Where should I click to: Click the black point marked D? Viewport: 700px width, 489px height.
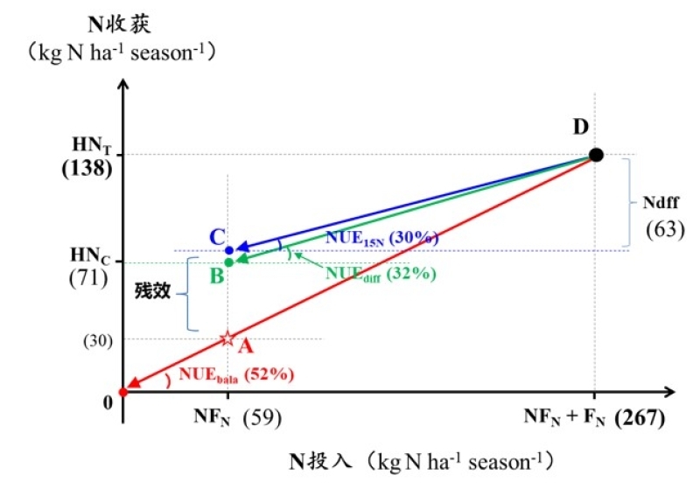tap(596, 155)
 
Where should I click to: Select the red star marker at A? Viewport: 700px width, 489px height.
tap(227, 339)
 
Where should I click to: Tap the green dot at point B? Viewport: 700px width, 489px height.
tap(228, 262)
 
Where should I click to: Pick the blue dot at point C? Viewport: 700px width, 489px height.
tap(228, 250)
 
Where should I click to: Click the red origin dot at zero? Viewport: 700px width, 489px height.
tap(122, 392)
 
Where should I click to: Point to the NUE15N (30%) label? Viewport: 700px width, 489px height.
tap(381, 237)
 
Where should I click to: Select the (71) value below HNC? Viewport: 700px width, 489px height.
tap(87, 280)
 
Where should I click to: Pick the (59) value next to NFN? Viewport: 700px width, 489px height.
tap(262, 417)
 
